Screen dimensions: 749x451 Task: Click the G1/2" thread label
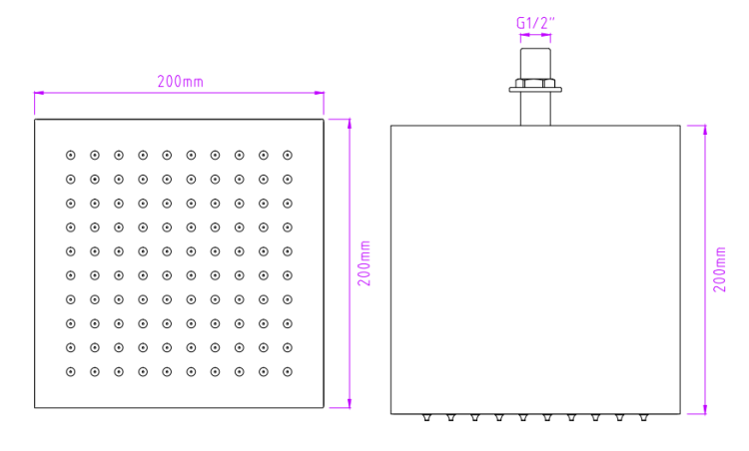(x=535, y=23)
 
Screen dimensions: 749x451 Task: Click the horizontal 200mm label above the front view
(x=181, y=82)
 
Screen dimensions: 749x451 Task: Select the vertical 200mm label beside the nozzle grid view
(x=365, y=263)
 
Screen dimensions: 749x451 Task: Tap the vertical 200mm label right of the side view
(x=719, y=269)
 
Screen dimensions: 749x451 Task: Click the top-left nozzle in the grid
(x=71, y=155)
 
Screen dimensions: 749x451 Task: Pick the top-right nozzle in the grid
(x=287, y=155)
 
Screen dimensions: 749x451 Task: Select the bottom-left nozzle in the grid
(x=71, y=372)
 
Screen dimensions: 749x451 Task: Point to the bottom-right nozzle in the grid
(x=287, y=372)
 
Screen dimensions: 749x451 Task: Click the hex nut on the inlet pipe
(x=535, y=83)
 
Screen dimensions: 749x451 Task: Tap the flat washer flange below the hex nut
(x=535, y=90)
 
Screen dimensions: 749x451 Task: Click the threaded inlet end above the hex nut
(x=535, y=64)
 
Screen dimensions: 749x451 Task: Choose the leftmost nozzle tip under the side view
(x=426, y=418)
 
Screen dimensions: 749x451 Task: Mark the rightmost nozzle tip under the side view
(x=643, y=418)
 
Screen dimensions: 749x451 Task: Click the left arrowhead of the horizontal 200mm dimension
(x=39, y=93)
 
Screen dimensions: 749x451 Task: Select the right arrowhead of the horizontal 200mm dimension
(x=319, y=93)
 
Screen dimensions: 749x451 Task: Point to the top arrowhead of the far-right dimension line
(x=705, y=131)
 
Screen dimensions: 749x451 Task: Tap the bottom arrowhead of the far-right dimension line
(x=705, y=409)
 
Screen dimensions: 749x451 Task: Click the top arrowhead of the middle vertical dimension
(x=350, y=124)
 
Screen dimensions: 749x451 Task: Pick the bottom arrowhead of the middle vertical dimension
(x=350, y=403)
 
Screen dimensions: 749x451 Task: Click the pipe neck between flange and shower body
(x=535, y=109)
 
